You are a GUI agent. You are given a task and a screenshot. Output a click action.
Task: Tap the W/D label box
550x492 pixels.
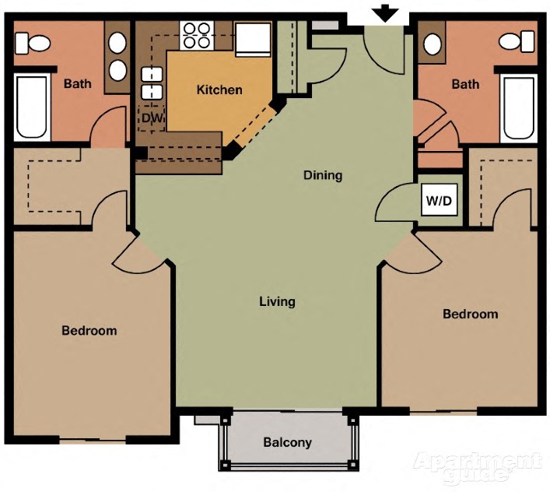click(x=439, y=201)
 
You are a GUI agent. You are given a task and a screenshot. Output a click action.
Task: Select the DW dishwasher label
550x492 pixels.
click(x=150, y=118)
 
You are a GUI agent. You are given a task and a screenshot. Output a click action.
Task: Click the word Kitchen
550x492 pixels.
click(x=219, y=90)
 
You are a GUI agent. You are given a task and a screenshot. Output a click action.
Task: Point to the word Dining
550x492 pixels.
click(x=323, y=175)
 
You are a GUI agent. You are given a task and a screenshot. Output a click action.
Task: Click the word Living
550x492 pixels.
click(x=277, y=301)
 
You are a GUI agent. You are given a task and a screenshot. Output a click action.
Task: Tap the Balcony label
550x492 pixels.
click(x=287, y=442)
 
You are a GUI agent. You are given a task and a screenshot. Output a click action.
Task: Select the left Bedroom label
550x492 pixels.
click(x=89, y=330)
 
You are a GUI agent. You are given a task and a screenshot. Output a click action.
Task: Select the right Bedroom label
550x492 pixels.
click(x=470, y=314)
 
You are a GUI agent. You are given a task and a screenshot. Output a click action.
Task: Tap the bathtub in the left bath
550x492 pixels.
click(x=32, y=107)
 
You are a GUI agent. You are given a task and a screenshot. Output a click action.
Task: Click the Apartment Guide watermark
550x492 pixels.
click(x=477, y=466)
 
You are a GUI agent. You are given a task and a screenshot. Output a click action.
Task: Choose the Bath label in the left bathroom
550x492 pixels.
click(x=77, y=83)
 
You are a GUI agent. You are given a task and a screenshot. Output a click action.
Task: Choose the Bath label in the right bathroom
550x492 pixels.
click(x=465, y=83)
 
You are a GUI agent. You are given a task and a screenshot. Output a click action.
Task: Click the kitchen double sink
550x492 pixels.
click(x=150, y=83)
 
